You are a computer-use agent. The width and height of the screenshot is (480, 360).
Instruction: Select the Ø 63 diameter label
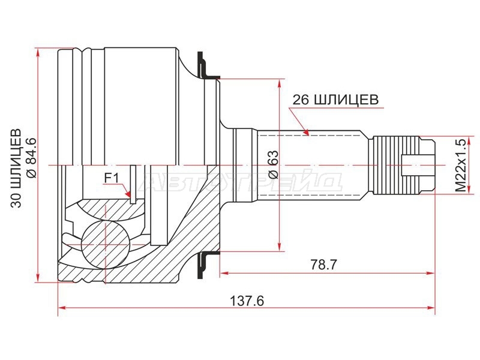274,164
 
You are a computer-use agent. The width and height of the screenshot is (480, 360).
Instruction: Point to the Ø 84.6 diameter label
32,158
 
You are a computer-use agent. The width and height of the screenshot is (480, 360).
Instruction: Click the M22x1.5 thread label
460,166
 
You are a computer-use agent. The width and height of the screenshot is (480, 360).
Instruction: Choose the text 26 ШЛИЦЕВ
335,100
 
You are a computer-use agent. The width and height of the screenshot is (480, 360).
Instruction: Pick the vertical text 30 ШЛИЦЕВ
16,168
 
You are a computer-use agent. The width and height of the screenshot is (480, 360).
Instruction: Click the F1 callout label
112,178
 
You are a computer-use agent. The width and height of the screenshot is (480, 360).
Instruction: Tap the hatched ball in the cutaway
105,241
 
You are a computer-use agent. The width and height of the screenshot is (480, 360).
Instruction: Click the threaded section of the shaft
395,166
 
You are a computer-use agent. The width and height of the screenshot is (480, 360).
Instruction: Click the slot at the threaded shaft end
418,166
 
